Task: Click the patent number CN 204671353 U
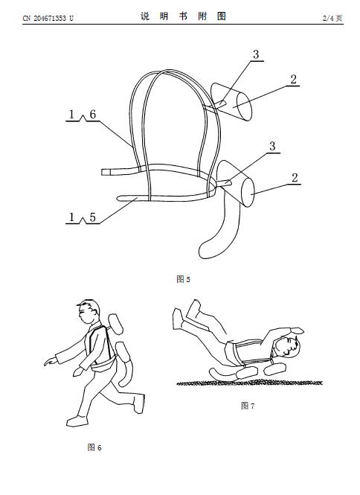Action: (x=48, y=19)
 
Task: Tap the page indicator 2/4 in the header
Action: (x=328, y=19)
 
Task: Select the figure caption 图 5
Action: (x=183, y=279)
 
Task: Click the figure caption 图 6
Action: (x=94, y=447)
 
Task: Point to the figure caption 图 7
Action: (x=248, y=406)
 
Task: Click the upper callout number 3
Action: (x=256, y=54)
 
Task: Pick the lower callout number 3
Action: (x=272, y=146)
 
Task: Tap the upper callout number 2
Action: (x=293, y=79)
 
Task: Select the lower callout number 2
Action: (x=295, y=178)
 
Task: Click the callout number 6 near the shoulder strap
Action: (x=92, y=115)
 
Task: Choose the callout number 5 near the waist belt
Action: (x=92, y=217)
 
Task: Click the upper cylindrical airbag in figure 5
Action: (x=232, y=102)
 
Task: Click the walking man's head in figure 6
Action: (x=89, y=312)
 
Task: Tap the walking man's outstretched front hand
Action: (x=51, y=361)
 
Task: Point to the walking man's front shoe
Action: (x=77, y=421)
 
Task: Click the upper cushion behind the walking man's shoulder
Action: (x=115, y=325)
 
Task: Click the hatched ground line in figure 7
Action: (x=249, y=383)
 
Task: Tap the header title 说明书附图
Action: (x=183, y=16)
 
